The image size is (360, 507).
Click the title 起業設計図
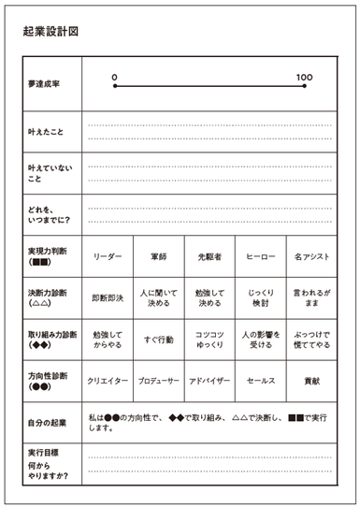point(51,31)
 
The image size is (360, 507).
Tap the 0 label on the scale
point(114,77)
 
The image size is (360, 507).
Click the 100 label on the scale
point(304,77)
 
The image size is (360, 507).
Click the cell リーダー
point(108,254)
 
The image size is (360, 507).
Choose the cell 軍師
point(158,254)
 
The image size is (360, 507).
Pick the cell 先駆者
point(209,254)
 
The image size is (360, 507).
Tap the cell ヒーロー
point(260,254)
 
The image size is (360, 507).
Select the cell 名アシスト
point(310,254)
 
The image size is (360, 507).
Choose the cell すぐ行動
point(158,339)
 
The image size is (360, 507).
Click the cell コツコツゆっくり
point(209,339)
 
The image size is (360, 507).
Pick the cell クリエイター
point(108,382)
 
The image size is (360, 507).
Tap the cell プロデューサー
point(158,382)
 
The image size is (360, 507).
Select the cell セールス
point(260,382)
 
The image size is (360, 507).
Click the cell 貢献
point(310,382)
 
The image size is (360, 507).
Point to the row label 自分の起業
point(47,423)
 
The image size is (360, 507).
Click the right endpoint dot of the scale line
point(304,86)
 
